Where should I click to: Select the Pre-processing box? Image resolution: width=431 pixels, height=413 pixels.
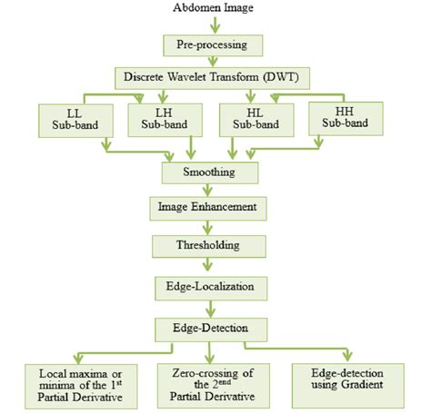(211, 44)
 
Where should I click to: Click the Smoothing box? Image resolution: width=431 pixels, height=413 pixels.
(211, 171)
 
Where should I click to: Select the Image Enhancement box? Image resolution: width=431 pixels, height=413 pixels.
(211, 208)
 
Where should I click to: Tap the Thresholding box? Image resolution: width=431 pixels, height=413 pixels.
(211, 245)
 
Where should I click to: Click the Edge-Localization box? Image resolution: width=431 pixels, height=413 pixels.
(211, 286)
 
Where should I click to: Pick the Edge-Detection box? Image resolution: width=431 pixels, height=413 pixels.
(211, 326)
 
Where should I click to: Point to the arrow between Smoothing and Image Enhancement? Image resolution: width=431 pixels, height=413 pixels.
(211, 189)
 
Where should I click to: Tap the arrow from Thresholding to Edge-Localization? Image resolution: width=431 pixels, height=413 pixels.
(211, 265)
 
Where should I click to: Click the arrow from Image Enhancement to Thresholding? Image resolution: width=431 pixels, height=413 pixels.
(211, 227)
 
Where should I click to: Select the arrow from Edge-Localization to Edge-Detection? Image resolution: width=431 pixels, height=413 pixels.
(211, 306)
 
